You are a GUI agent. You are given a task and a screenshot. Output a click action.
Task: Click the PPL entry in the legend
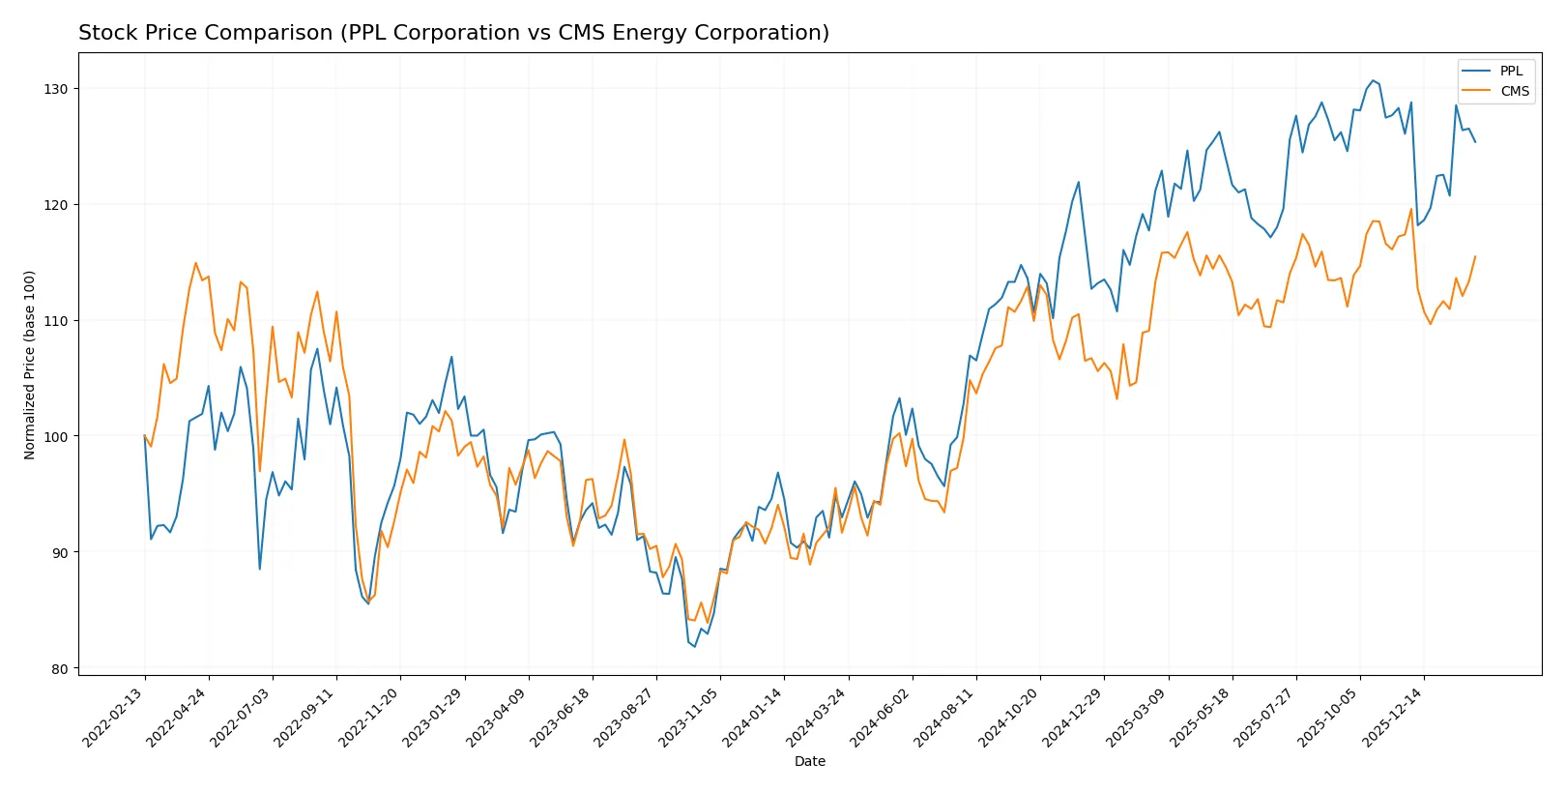tap(1510, 72)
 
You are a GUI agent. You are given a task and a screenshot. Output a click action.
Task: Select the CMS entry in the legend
tap(1514, 92)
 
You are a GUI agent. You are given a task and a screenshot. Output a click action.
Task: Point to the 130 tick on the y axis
tap(56, 89)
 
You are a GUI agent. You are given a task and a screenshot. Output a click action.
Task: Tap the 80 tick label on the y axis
tap(60, 669)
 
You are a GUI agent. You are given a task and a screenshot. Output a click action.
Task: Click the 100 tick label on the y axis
tap(56, 437)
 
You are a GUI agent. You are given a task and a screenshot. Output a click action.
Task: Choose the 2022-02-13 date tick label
tap(114, 718)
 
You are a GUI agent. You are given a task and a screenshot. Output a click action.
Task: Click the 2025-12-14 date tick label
tap(1393, 718)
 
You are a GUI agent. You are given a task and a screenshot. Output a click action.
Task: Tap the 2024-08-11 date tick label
tap(945, 718)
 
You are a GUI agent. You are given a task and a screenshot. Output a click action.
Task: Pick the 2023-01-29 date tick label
tap(434, 718)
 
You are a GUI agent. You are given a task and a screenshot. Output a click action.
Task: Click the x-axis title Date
tap(809, 762)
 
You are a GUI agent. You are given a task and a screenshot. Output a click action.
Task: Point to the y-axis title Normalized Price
tap(30, 365)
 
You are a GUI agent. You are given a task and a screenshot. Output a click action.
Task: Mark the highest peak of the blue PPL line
tap(1373, 80)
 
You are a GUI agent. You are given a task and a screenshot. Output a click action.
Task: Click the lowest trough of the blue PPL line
tap(694, 647)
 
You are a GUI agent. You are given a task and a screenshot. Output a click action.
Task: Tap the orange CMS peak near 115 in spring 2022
tap(195, 263)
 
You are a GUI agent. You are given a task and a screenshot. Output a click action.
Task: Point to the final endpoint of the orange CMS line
tap(1475, 256)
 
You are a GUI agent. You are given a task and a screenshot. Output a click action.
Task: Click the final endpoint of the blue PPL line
tap(1475, 142)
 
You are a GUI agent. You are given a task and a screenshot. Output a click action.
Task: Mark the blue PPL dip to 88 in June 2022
tap(259, 569)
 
